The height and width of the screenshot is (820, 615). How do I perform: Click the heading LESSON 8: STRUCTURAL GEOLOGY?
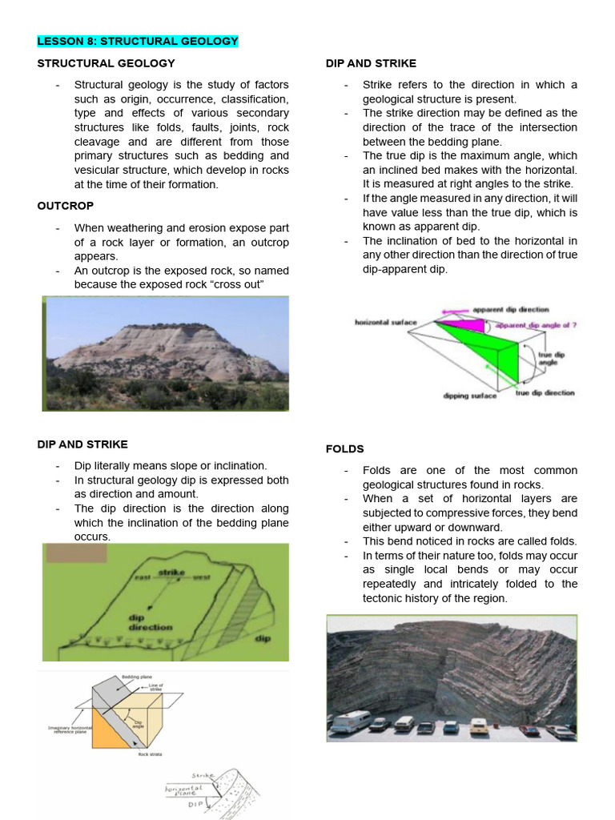pos(138,41)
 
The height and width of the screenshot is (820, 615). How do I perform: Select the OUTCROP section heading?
pos(66,206)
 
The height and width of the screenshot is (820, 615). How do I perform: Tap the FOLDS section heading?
pos(344,448)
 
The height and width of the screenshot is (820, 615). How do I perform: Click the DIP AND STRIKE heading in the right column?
pos(371,63)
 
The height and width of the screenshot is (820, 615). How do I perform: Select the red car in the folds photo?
pos(529,730)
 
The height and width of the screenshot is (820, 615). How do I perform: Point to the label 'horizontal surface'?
pos(386,322)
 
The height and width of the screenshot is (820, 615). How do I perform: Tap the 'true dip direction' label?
pos(545,393)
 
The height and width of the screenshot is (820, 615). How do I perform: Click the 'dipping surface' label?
pos(469,396)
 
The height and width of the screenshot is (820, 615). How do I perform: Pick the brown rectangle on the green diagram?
pos(76,553)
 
